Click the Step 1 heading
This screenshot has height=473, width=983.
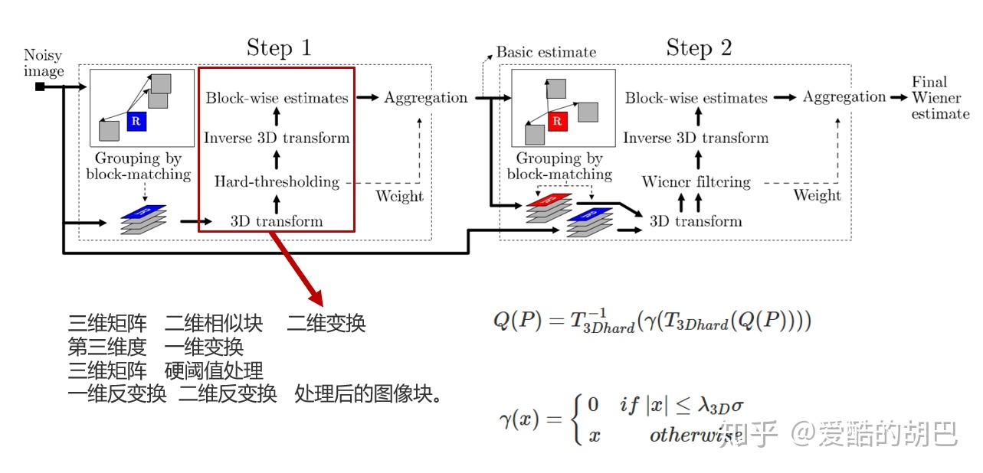279,48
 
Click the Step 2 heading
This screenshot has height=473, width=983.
699,48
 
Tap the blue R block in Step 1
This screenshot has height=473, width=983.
136,120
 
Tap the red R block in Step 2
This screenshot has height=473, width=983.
557,120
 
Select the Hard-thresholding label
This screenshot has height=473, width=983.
277,181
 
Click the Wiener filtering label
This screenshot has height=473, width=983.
696,182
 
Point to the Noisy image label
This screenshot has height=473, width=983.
44,64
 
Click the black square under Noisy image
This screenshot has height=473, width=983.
40,86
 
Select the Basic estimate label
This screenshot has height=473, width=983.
546,52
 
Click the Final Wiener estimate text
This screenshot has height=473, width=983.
940,98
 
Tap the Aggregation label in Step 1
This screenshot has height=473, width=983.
425,97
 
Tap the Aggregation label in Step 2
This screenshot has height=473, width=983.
844,97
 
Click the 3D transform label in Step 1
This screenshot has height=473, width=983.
277,221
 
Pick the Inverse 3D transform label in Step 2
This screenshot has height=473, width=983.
696,138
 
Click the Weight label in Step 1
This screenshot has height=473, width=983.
399,196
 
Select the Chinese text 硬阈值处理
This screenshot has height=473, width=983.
214,371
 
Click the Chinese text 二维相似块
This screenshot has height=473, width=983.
214,323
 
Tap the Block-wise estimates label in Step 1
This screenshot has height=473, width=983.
277,98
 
